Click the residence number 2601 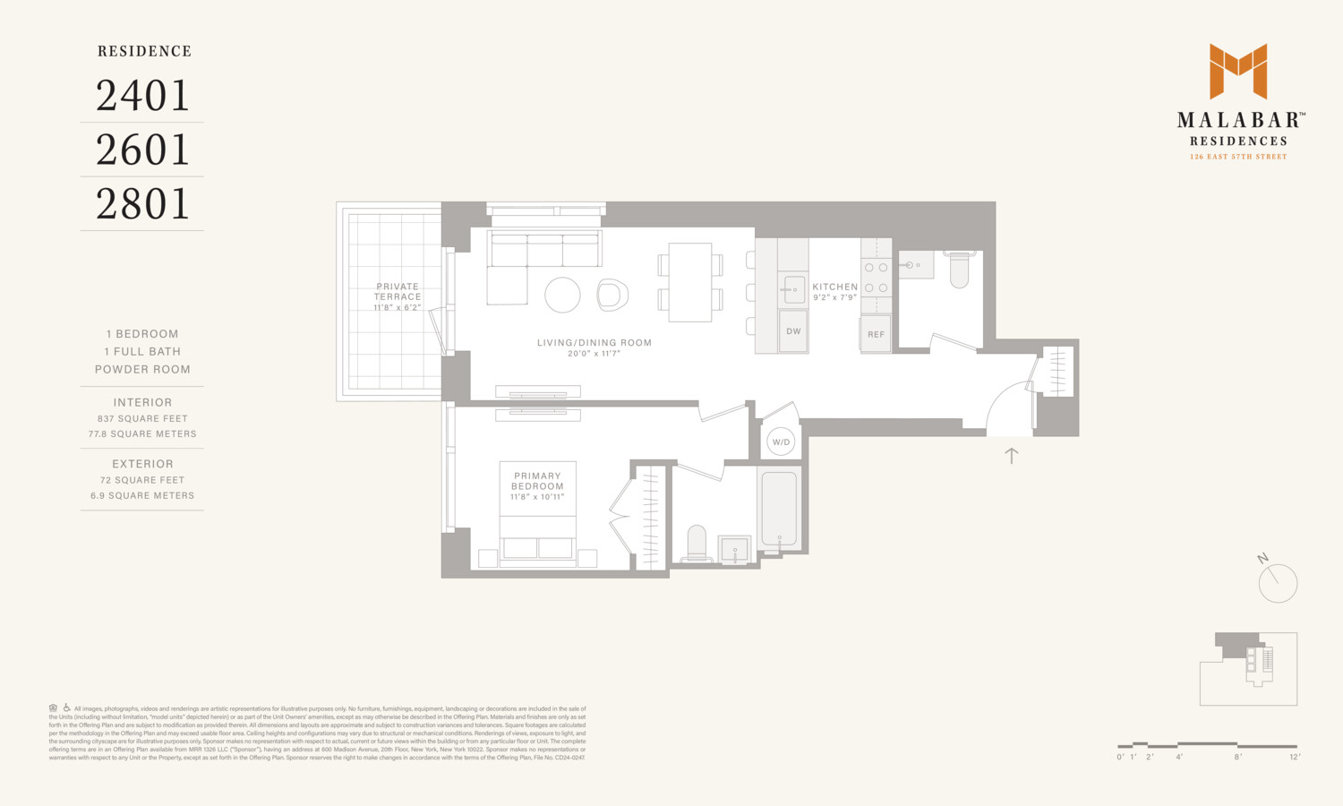pyautogui.click(x=143, y=150)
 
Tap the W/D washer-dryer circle pyautogui.click(x=781, y=442)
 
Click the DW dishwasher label pyautogui.click(x=793, y=331)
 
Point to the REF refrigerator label pyautogui.click(x=876, y=334)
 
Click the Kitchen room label pyautogui.click(x=834, y=287)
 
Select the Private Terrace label pyautogui.click(x=398, y=292)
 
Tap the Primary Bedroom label pyautogui.click(x=537, y=481)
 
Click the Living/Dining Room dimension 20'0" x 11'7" pyautogui.click(x=594, y=354)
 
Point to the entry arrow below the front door pyautogui.click(x=1012, y=455)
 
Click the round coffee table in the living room pyautogui.click(x=562, y=295)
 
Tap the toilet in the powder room pyautogui.click(x=959, y=270)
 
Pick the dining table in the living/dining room pyautogui.click(x=689, y=282)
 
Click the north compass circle pyautogui.click(x=1278, y=584)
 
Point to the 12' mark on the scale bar pyautogui.click(x=1295, y=757)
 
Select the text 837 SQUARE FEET pyautogui.click(x=142, y=418)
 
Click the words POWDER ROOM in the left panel pyautogui.click(x=142, y=369)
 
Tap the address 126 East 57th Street pyautogui.click(x=1238, y=157)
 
